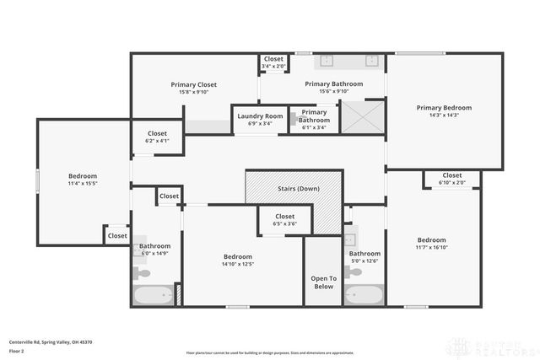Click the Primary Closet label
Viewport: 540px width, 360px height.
pyautogui.click(x=194, y=84)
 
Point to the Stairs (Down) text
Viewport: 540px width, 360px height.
pyautogui.click(x=298, y=188)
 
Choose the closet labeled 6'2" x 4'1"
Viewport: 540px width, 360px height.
pyautogui.click(x=157, y=137)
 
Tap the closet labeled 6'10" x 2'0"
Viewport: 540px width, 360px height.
pyautogui.click(x=451, y=179)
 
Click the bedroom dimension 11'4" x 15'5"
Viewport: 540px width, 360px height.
pyautogui.click(x=83, y=183)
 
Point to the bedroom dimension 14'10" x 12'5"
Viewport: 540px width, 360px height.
pyautogui.click(x=238, y=264)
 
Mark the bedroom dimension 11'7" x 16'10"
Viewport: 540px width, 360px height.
pyautogui.click(x=431, y=247)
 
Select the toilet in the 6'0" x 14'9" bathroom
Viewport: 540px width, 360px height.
pyautogui.click(x=143, y=272)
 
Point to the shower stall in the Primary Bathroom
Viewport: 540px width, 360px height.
pyautogui.click(x=361, y=116)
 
